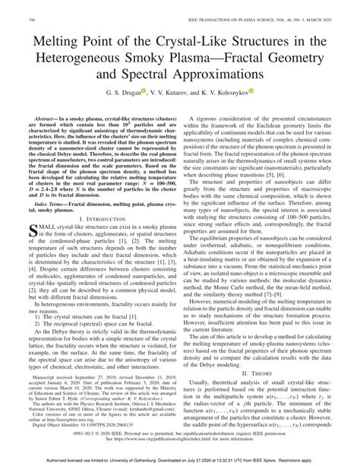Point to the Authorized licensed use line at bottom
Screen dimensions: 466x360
pyautogui.click(x=180, y=461)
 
